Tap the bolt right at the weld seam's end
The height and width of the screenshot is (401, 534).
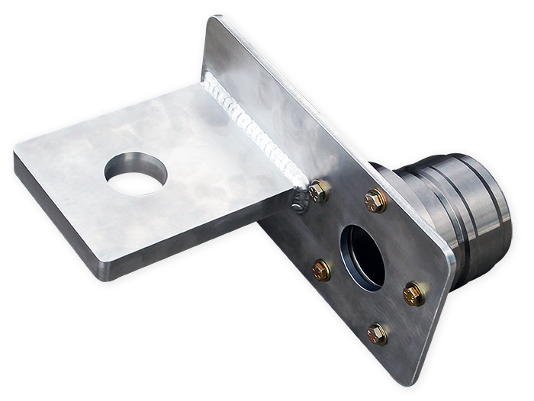click(x=319, y=191)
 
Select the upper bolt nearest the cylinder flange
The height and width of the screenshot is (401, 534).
click(x=375, y=200)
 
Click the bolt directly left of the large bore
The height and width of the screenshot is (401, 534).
click(x=321, y=269)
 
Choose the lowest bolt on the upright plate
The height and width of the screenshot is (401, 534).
click(x=377, y=333)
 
